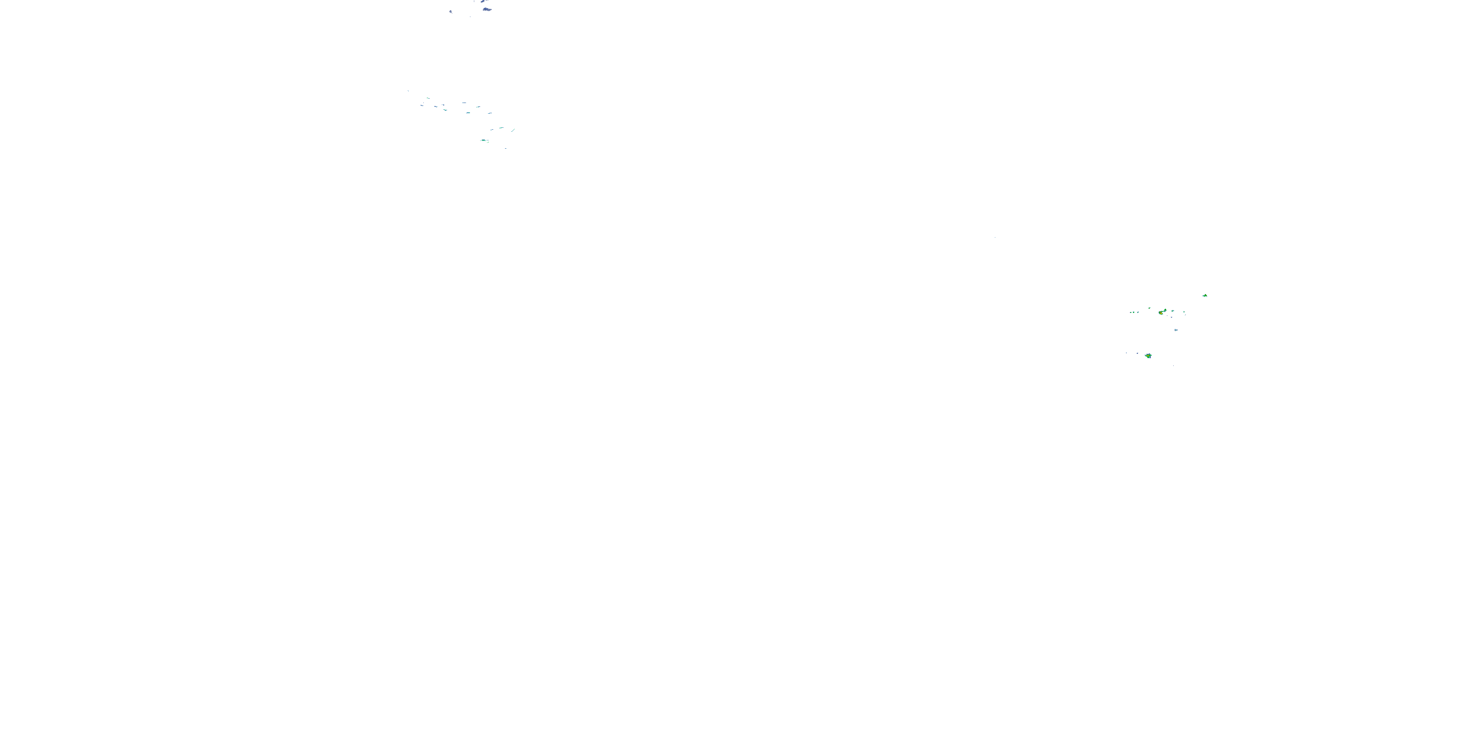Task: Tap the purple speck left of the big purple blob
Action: coord(451,11)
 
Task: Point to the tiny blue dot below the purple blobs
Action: coord(470,17)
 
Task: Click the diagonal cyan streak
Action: coord(513,130)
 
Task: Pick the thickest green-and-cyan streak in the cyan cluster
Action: coord(484,140)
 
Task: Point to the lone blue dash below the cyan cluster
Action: coord(505,148)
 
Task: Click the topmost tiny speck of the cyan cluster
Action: coord(408,90)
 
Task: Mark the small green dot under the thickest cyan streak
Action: coord(487,142)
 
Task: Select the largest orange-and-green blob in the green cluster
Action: coord(1162,312)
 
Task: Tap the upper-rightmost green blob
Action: coord(1204,295)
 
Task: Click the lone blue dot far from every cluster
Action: coord(994,237)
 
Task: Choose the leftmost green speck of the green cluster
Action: coord(1130,312)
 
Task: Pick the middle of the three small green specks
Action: coord(1134,312)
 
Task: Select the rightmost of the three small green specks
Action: coord(1138,312)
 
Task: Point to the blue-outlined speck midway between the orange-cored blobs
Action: coord(1176,330)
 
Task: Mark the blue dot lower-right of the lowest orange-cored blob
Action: coord(1173,365)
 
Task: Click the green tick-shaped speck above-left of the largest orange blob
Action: coord(1149,308)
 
